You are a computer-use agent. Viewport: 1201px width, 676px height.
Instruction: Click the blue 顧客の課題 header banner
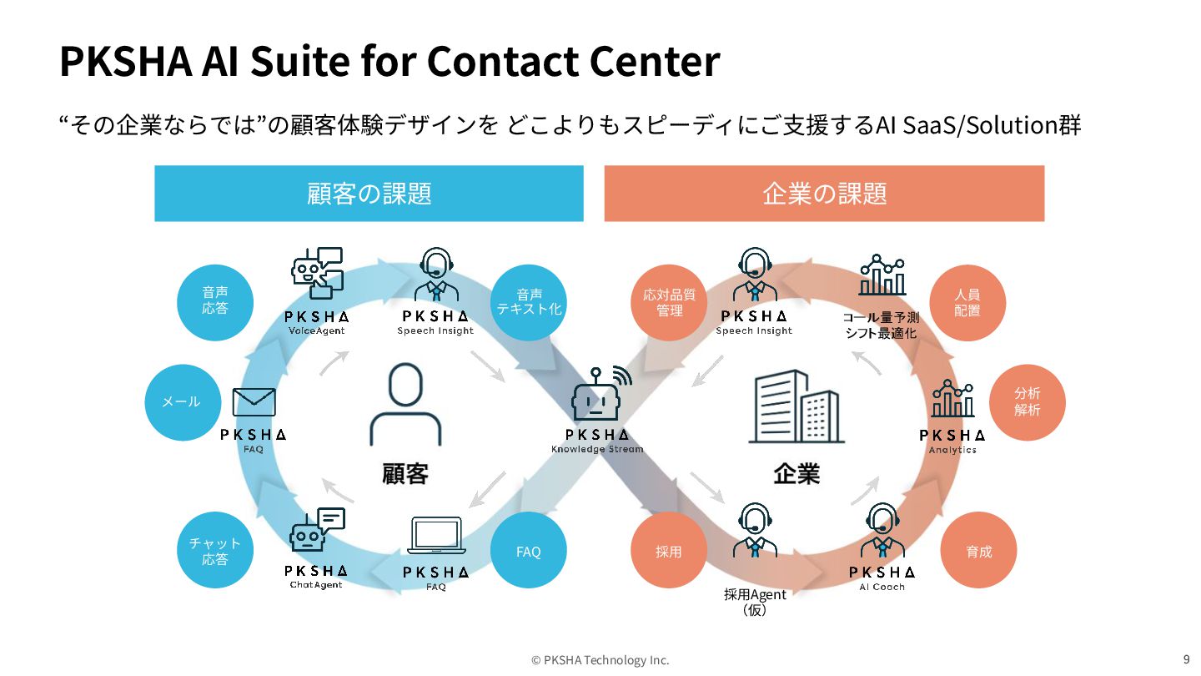pos(369,194)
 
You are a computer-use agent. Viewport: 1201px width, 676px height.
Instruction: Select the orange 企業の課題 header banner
pos(824,194)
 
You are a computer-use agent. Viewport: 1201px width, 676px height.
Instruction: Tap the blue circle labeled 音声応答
pos(215,301)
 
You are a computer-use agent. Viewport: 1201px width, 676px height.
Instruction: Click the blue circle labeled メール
pos(182,401)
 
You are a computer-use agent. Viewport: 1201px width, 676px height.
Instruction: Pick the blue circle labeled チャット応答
pos(215,551)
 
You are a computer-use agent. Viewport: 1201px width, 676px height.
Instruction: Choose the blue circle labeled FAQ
pos(529,552)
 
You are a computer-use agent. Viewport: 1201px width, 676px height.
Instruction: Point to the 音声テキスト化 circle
pos(529,301)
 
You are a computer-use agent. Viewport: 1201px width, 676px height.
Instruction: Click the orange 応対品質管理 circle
pos(669,302)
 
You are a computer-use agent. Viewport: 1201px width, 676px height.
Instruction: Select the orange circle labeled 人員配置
pos(967,302)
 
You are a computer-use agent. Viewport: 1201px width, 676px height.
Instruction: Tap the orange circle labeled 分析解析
pos(1028,402)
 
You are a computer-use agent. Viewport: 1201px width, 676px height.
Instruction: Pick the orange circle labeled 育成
pos(979,552)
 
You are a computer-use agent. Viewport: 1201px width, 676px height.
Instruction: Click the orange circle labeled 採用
pos(669,552)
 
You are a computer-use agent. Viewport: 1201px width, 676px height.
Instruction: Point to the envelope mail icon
pos(254,402)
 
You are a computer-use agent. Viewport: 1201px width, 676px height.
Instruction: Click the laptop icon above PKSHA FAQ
pos(436,536)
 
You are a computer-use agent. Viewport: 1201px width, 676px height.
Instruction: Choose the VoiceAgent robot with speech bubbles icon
pos(317,273)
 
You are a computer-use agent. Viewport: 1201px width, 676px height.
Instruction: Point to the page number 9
pos(1186,658)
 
